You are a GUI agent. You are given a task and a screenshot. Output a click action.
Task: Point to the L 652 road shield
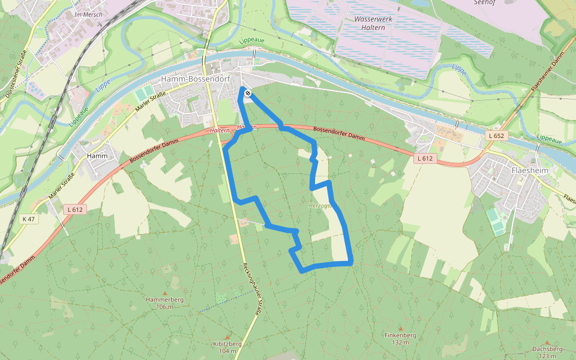[x=497, y=136]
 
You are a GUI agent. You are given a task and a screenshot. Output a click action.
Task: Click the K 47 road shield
[x=28, y=219]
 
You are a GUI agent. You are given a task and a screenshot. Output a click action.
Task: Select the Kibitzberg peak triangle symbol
[x=227, y=336]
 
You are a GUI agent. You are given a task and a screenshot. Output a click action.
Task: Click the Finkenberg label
[x=400, y=335]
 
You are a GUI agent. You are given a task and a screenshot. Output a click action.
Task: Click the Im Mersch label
[x=88, y=14]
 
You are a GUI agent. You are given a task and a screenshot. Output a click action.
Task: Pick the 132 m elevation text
[x=400, y=343]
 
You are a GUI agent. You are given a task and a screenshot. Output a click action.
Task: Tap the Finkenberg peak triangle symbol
[x=400, y=328]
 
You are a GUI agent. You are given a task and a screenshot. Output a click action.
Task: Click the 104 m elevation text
[x=227, y=351]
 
